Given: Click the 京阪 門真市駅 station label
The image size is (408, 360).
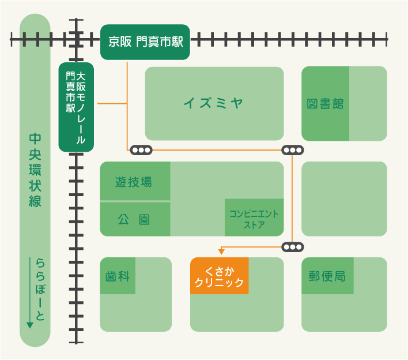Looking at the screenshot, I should pos(145,42).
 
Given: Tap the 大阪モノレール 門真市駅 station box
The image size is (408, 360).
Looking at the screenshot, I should pos(76,107).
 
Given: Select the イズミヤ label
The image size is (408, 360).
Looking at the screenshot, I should pos(214,103).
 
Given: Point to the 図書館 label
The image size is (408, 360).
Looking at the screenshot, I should pos(325,104).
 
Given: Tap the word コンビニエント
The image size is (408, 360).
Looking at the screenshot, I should pos(254,214).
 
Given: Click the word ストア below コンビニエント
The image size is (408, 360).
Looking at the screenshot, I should pos(254,225).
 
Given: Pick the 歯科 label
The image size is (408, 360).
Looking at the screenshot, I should pos(118,276).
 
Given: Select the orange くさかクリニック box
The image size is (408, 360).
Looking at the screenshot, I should pos(219,276).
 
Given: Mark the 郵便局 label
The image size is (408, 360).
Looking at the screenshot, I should pos(327,276).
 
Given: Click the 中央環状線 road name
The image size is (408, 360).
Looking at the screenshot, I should pos(35,170).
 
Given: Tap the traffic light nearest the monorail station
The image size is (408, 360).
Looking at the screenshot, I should pos(141,150).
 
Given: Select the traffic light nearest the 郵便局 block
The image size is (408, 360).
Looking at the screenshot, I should pos(293,247).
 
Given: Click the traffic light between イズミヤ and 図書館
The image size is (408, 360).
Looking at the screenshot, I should pos(293,150).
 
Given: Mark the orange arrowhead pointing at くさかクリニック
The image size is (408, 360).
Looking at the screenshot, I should pos(221,251).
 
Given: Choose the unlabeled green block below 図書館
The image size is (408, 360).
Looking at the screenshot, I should pos(343,198).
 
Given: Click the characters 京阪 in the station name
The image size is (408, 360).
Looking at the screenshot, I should pos(120,42).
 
